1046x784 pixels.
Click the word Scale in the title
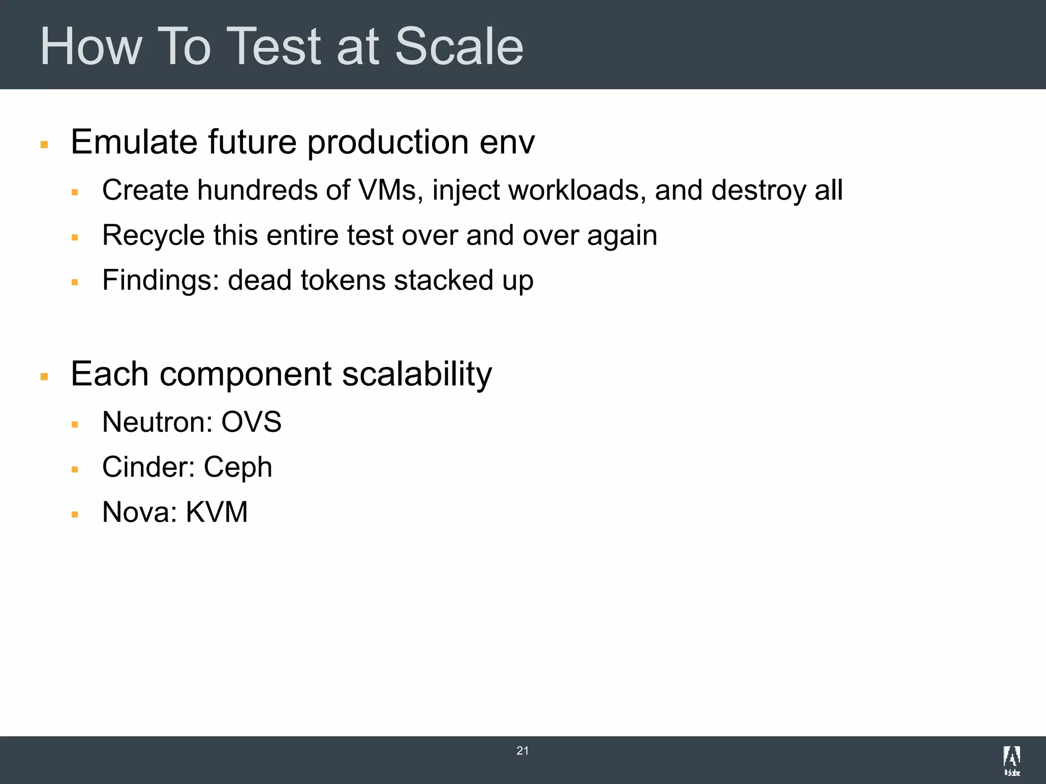click(x=459, y=46)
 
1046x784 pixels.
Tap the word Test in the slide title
click(x=273, y=46)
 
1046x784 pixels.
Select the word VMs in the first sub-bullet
click(x=390, y=190)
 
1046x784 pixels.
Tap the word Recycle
click(x=153, y=236)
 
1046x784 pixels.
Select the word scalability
click(x=417, y=374)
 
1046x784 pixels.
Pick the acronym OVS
click(x=251, y=422)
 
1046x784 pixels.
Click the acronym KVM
click(x=217, y=512)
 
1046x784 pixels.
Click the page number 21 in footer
click(x=522, y=750)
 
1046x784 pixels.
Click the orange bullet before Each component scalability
click(x=44, y=377)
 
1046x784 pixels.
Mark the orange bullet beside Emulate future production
click(x=44, y=145)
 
